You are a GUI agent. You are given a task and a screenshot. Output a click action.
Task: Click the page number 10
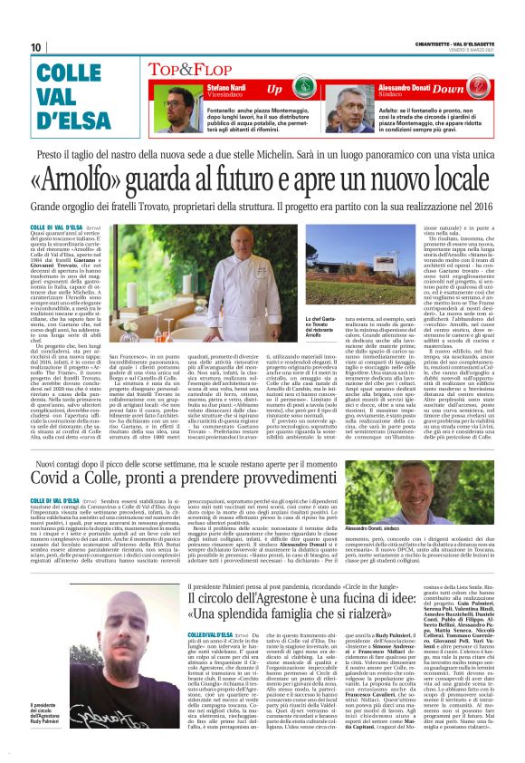[x=36, y=47]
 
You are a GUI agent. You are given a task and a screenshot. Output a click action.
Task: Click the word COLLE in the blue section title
[x=69, y=75]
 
